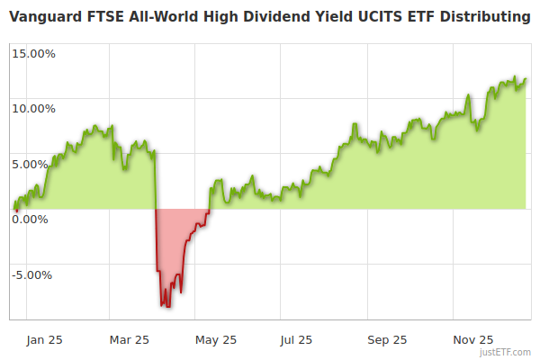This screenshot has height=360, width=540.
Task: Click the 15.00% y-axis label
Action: click(x=34, y=53)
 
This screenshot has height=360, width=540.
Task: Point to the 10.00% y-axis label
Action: click(x=34, y=109)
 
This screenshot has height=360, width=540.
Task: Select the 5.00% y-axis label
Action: click(x=37, y=164)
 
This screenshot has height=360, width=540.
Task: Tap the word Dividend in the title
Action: click(x=265, y=17)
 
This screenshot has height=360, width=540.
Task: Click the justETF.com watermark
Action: click(x=505, y=352)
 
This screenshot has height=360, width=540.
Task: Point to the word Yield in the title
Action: click(x=319, y=17)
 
